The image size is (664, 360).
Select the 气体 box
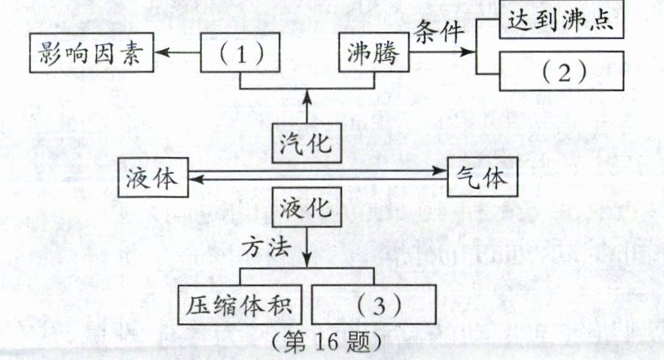tap(483, 177)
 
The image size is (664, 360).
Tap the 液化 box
tap(305, 209)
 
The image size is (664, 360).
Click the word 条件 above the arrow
tap(441, 33)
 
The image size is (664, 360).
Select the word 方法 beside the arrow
tap(267, 246)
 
